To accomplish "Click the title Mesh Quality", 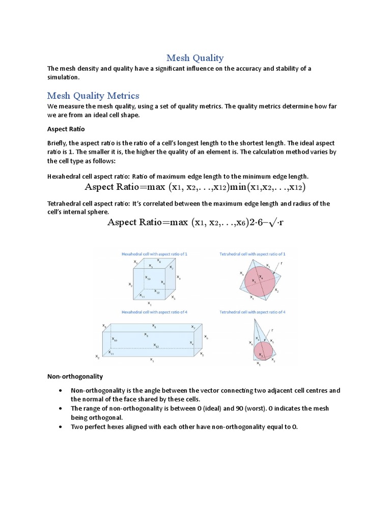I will [195, 58].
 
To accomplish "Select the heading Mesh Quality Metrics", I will [93, 96].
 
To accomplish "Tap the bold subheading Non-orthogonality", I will [75, 377].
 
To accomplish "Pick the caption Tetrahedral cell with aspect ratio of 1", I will [252, 253].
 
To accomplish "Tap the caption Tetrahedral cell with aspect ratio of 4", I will [252, 311].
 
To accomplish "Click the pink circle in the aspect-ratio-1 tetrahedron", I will [260, 279].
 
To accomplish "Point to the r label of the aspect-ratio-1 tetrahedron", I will [281, 264].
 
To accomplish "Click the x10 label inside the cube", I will [148, 278].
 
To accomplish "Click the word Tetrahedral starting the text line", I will [64, 204].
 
